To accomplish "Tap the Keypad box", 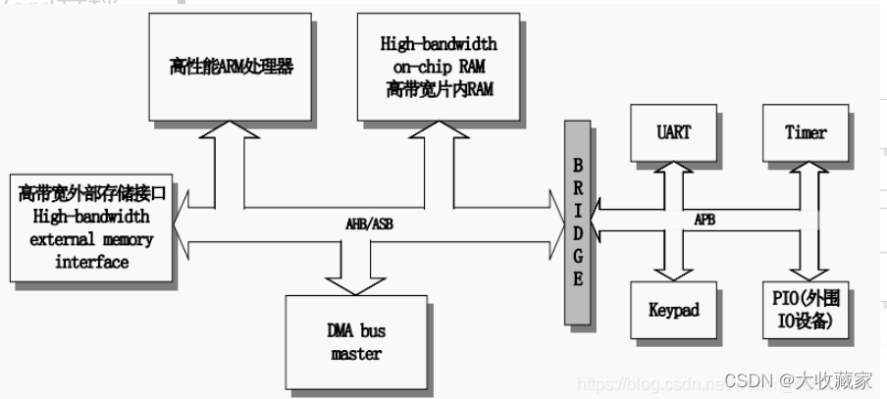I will point(673,310).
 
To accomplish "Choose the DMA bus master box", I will point(357,341).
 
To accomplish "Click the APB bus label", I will point(704,221).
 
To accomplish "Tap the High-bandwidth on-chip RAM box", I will point(438,68).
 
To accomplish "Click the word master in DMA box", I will point(356,353).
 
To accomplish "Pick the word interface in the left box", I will point(91,262).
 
